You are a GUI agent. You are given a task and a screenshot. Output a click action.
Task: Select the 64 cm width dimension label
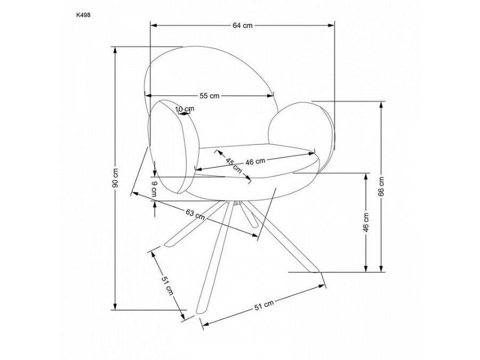coord(243,26)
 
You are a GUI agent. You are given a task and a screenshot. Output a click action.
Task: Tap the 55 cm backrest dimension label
coord(210,96)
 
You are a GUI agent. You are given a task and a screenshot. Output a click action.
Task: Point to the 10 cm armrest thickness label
coord(185,109)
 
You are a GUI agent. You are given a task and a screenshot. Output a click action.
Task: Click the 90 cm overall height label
coord(115,178)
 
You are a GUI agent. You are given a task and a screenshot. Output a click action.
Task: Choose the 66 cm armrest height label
coord(381,187)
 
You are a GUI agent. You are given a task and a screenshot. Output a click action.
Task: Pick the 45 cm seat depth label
coord(234,165)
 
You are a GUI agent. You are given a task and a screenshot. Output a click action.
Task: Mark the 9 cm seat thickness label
coord(154,189)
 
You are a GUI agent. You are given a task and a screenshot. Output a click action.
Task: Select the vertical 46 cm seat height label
coord(366,222)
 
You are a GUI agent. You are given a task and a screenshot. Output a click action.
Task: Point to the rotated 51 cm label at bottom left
coord(167,286)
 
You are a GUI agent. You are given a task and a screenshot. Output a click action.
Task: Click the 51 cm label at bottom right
coord(264,305)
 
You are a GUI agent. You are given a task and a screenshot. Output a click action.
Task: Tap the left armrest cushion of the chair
coord(173,147)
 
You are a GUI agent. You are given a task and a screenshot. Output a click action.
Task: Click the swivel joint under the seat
coord(237,202)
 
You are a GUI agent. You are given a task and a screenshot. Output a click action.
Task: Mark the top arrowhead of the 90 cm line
coord(115,50)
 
